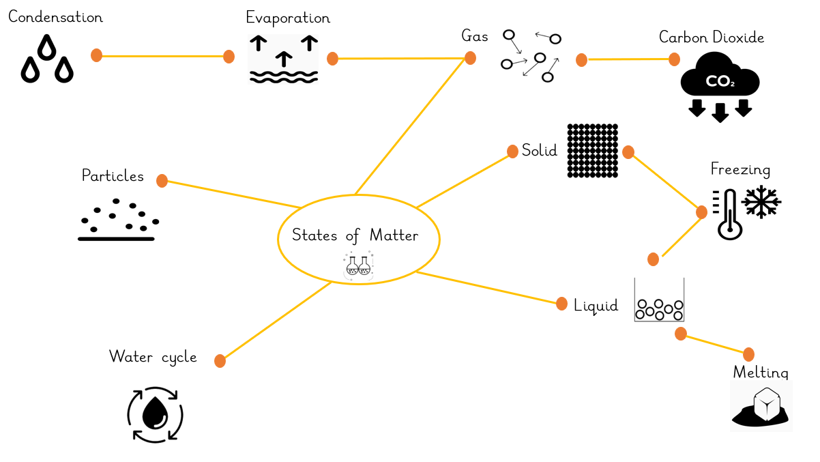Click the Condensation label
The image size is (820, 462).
pyautogui.click(x=55, y=17)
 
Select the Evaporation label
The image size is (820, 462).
pyautogui.click(x=288, y=18)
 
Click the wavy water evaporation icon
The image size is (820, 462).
pyautogui.click(x=283, y=60)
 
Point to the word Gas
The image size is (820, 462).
pyautogui.click(x=475, y=37)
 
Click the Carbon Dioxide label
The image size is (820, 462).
pyautogui.click(x=712, y=38)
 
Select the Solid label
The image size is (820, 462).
pyautogui.click(x=540, y=150)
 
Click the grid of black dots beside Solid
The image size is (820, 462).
pyautogui.click(x=592, y=151)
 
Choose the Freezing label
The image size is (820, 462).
pyautogui.click(x=740, y=169)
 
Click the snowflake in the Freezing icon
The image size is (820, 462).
pyautogui.click(x=761, y=203)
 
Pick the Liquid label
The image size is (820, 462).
pyautogui.click(x=596, y=305)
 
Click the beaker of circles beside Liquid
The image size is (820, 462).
pyautogui.click(x=658, y=302)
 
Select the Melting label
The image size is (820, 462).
pyautogui.click(x=760, y=373)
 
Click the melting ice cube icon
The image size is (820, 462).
pyautogui.click(x=762, y=406)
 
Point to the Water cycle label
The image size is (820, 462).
pyautogui.click(x=153, y=356)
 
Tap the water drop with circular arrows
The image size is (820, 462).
pyautogui.click(x=156, y=414)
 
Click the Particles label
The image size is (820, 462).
pyautogui.click(x=113, y=176)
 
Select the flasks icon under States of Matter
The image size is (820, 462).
pyautogui.click(x=359, y=265)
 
